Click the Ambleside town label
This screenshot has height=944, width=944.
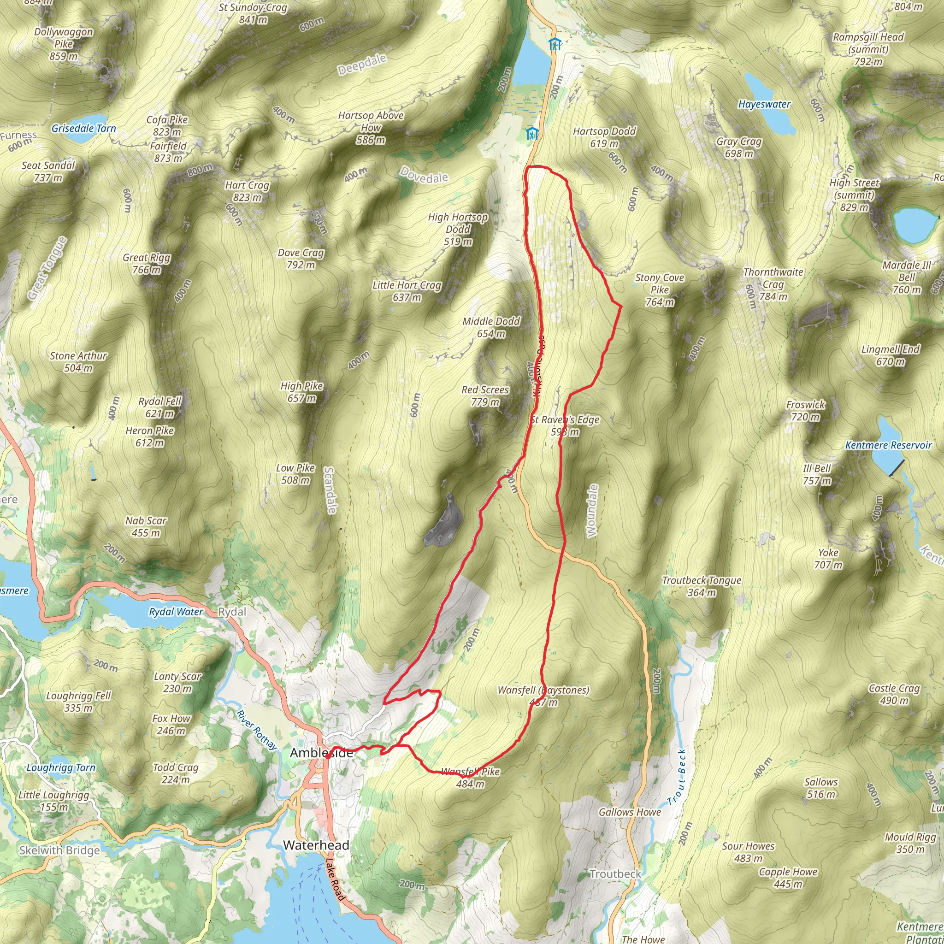(x=321, y=753)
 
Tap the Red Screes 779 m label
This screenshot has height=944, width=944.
(x=485, y=396)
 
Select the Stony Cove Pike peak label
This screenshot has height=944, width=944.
(x=659, y=290)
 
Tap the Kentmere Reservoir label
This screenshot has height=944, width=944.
(x=888, y=445)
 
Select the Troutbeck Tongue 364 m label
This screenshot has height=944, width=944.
(x=701, y=586)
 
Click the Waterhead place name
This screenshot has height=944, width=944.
(x=316, y=845)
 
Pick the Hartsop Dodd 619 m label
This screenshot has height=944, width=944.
(x=604, y=137)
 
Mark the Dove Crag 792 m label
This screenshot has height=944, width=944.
(x=301, y=259)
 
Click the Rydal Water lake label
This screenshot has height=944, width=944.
(x=176, y=612)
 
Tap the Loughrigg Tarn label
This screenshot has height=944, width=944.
(x=61, y=767)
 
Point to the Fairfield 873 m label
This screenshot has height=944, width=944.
(x=168, y=152)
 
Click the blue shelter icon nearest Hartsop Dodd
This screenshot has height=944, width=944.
(x=531, y=133)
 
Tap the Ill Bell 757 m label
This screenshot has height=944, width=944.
(x=816, y=474)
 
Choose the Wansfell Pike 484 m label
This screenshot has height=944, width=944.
(x=470, y=778)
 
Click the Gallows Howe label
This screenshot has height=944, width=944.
(x=629, y=812)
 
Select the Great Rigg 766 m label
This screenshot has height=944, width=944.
(x=146, y=263)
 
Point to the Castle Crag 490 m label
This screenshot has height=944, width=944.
(x=894, y=694)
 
